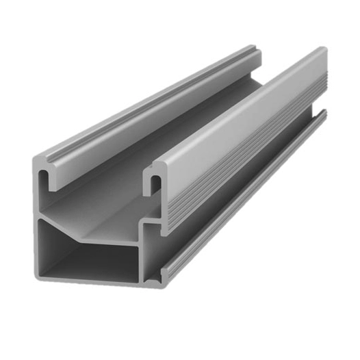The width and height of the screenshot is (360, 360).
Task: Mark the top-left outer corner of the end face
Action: click(x=34, y=159)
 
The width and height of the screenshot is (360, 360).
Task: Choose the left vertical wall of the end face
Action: click(x=36, y=219)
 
